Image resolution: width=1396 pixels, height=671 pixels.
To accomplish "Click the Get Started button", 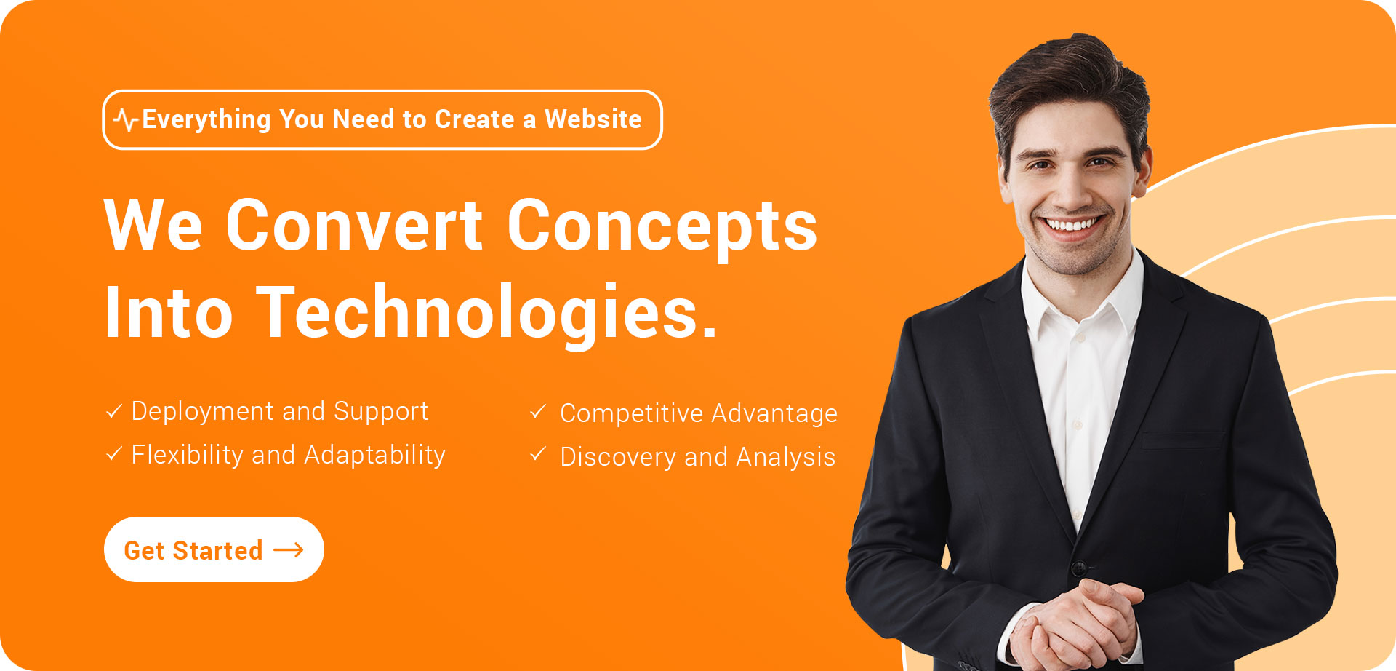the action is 214,549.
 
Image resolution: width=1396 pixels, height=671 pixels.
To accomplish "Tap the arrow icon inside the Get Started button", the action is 289,550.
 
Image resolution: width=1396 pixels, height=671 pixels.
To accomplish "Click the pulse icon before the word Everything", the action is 127,120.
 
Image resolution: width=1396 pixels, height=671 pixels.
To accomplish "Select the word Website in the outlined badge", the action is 593,119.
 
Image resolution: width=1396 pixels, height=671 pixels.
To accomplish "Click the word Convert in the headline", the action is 354,225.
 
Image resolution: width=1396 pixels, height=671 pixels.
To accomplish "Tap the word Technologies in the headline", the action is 486,313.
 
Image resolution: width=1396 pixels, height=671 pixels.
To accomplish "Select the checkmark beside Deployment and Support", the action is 114,412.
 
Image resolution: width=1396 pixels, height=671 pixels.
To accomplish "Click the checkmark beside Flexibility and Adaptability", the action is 114,455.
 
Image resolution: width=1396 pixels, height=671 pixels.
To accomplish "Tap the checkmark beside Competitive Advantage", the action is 538,413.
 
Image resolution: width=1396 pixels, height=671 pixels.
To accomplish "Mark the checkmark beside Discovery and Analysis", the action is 538,455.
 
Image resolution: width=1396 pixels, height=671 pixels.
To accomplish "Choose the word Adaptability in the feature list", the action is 374,456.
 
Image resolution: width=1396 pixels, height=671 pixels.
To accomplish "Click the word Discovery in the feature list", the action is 618,458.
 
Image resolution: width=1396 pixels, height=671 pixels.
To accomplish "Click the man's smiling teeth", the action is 1070,224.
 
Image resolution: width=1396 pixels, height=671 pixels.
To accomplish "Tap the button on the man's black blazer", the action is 1079,566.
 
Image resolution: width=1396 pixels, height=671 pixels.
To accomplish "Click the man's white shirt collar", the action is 1081,295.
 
